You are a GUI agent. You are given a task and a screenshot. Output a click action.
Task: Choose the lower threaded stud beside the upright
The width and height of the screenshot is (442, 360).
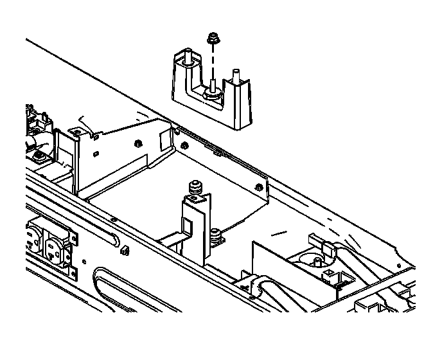(x=217, y=235)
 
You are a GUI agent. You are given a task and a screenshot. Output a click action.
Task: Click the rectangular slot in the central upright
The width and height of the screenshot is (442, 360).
(x=188, y=227)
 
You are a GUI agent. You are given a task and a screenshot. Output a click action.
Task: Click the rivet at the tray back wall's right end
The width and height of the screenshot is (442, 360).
(x=258, y=188)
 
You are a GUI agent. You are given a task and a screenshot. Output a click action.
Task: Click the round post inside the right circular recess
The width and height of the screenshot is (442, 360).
(x=316, y=260)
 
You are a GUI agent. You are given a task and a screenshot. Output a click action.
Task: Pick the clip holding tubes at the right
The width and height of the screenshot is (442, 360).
(x=326, y=248)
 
